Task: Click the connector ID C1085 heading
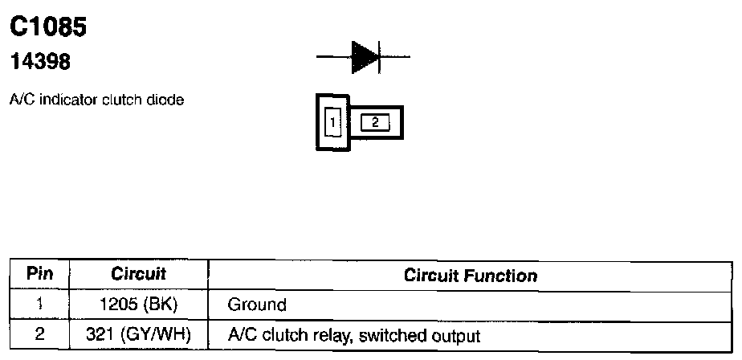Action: click(47, 27)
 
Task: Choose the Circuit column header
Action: click(138, 275)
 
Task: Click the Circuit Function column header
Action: click(471, 276)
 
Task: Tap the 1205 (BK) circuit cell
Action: click(138, 305)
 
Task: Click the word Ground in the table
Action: click(257, 305)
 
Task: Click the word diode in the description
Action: click(169, 100)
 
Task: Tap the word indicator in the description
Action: click(56, 100)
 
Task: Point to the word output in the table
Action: click(459, 335)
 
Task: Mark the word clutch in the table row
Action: click(276, 335)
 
